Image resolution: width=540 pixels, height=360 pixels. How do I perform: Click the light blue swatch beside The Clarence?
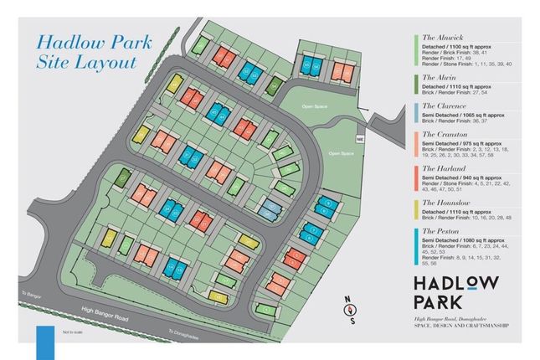click(416, 116)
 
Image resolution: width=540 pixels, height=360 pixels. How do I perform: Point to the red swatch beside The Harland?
click(416, 180)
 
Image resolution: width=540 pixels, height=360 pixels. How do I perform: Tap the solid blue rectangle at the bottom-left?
click(44, 343)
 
